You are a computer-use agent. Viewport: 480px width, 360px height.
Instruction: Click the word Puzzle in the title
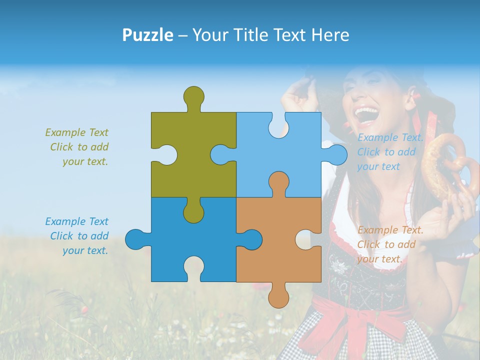(x=148, y=35)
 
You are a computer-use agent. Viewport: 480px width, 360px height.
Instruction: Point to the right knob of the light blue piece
(x=336, y=155)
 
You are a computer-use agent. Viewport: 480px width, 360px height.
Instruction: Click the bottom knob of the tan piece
(x=278, y=296)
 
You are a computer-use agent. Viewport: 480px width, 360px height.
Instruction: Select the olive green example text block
(x=77, y=147)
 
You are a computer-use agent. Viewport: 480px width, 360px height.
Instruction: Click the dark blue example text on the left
(x=77, y=236)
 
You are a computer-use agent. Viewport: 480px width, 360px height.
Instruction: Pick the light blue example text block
(x=390, y=152)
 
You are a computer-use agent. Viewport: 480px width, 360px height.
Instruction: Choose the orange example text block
(x=390, y=244)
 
